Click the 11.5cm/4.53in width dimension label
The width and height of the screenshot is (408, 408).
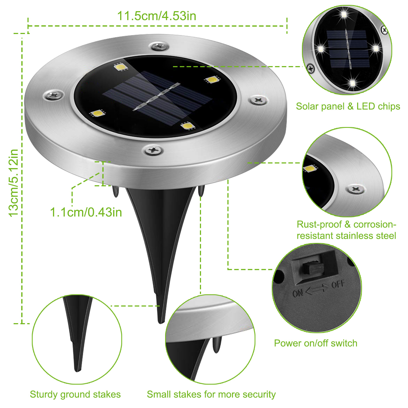tap(156, 16)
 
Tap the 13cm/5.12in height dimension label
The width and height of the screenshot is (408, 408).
tap(14, 183)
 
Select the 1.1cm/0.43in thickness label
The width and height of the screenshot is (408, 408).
tap(86, 212)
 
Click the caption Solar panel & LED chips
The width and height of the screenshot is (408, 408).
tap(348, 106)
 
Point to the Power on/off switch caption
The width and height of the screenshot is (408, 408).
tap(316, 343)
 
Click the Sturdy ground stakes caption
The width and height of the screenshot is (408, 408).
tap(75, 394)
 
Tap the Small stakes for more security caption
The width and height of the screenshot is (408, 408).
tap(211, 394)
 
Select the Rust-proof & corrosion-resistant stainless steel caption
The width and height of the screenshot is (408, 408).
tap(346, 230)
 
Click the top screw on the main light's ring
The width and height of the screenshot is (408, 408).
tap(159, 46)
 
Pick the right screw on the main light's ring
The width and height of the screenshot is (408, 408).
tap(259, 100)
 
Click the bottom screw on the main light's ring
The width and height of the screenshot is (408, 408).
tap(154, 150)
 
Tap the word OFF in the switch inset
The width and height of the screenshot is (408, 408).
tap(338, 285)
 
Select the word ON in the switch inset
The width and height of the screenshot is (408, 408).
tap(298, 293)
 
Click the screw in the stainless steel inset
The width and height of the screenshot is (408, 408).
tap(356, 189)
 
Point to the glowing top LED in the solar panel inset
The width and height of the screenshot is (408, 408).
tap(344, 14)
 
